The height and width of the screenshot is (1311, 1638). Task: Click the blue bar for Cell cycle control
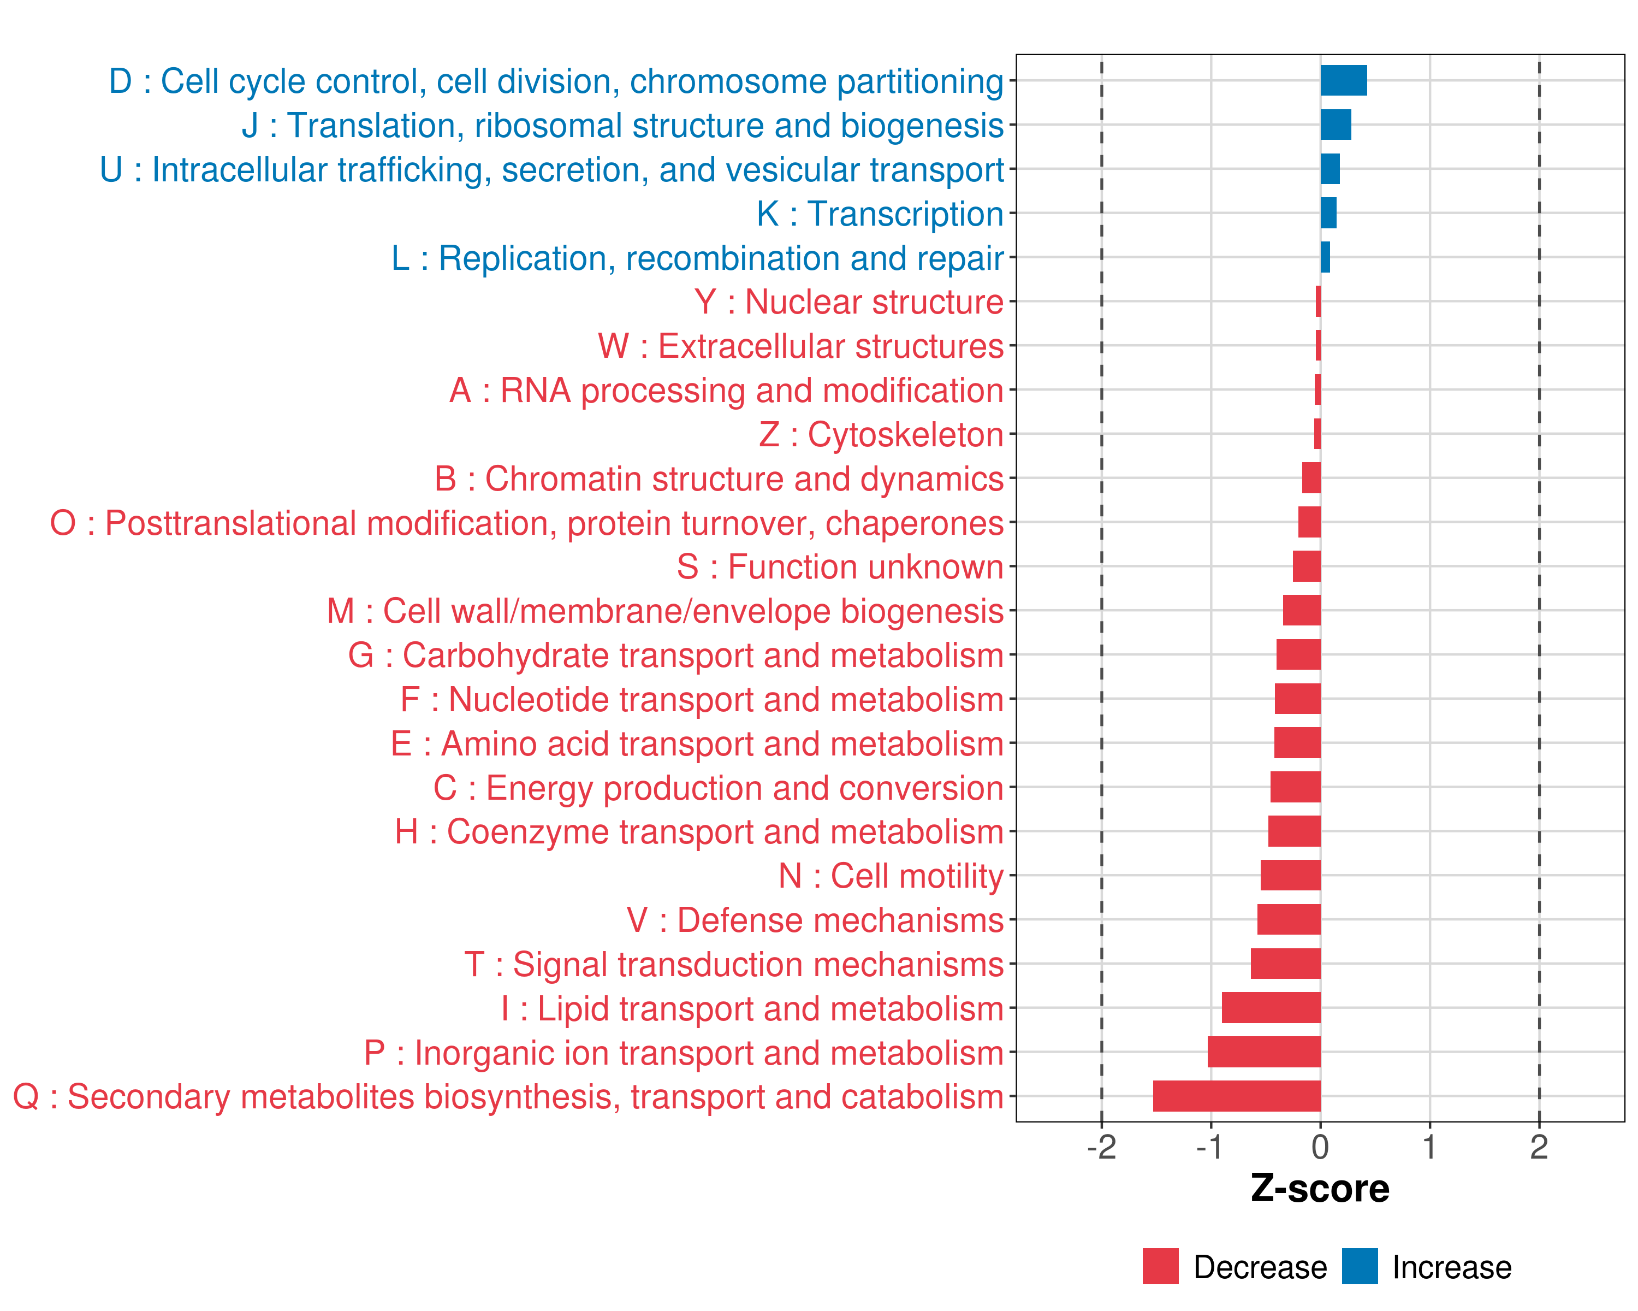click(1343, 80)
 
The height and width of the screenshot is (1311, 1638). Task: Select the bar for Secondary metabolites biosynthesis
click(1236, 1096)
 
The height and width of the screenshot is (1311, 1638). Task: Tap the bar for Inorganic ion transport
click(1263, 1052)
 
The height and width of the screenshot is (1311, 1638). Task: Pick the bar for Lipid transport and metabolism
click(1271, 1008)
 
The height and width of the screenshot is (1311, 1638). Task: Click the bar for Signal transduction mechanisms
click(1285, 964)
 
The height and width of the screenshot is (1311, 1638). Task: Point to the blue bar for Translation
click(1335, 125)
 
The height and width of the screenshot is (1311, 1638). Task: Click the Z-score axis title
click(1320, 1189)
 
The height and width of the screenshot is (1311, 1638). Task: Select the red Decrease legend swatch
click(1160, 1266)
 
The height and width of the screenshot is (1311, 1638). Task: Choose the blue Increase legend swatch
click(1359, 1266)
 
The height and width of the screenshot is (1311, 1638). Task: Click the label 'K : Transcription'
click(880, 214)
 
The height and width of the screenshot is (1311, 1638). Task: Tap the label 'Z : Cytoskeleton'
click(881, 435)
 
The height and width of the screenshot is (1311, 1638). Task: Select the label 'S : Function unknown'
click(840, 567)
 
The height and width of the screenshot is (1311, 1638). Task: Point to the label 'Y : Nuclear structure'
click(848, 302)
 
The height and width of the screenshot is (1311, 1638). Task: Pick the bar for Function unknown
click(1306, 566)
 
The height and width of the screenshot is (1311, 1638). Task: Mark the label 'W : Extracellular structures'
click(801, 346)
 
